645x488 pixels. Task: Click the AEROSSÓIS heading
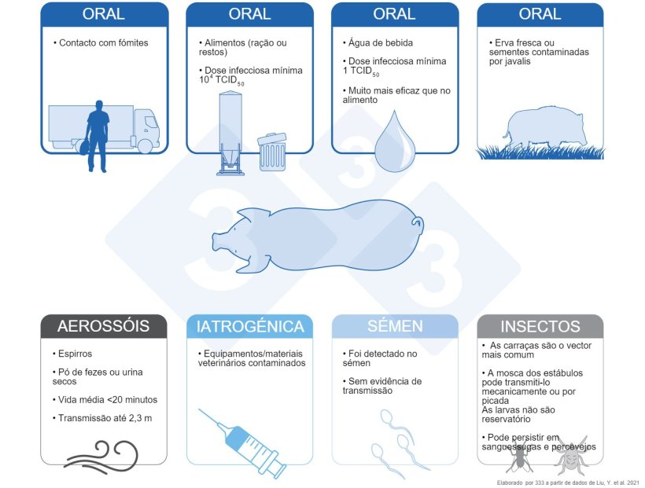pyautogui.click(x=103, y=326)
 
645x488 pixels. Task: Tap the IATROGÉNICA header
pyautogui.click(x=249, y=326)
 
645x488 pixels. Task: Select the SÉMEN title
pyautogui.click(x=395, y=326)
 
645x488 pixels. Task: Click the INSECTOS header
pyautogui.click(x=540, y=326)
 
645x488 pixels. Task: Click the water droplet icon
pyautogui.click(x=396, y=141)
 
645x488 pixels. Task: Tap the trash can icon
pyautogui.click(x=272, y=152)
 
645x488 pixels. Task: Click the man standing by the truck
pyautogui.click(x=98, y=136)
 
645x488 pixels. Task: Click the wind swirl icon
pyautogui.click(x=101, y=457)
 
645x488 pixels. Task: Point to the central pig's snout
pyautogui.click(x=217, y=239)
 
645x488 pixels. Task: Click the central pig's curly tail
pyautogui.click(x=418, y=224)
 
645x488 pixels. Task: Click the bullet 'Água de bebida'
pyautogui.click(x=378, y=42)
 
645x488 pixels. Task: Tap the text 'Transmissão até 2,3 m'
pyautogui.click(x=102, y=418)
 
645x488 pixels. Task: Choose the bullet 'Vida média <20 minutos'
pyautogui.click(x=105, y=400)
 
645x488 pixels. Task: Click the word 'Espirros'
pyautogui.click(x=75, y=354)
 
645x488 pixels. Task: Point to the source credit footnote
pyautogui.click(x=568, y=482)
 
